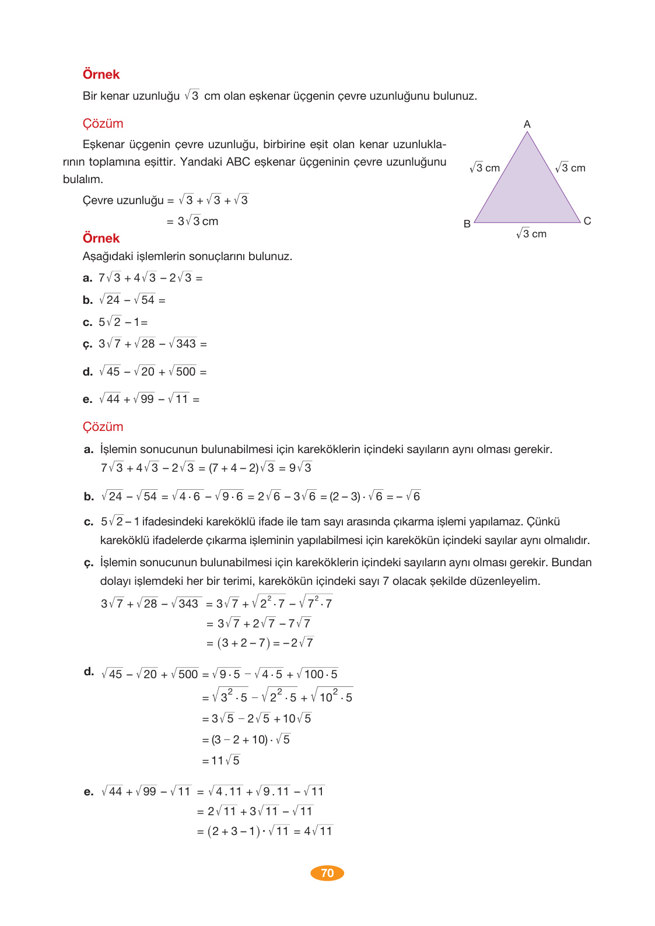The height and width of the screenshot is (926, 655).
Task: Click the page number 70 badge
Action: coord(327,873)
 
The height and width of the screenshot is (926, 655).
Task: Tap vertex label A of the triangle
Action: coord(527,124)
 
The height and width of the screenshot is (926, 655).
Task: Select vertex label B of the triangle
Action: coord(467,224)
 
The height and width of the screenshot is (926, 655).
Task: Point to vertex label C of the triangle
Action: coord(587,221)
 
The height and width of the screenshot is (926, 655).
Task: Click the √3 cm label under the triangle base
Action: coord(531,234)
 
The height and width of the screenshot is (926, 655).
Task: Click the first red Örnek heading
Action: coord(101,75)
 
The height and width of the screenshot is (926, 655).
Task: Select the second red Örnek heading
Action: coord(101,238)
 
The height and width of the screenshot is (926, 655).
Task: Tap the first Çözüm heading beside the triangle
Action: coord(103,124)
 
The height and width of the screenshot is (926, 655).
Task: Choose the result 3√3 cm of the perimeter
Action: coord(198,221)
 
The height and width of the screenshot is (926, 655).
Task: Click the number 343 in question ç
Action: coord(186,344)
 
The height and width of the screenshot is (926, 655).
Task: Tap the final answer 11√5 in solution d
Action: coord(226,760)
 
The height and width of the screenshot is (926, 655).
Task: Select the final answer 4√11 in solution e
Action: coord(318,831)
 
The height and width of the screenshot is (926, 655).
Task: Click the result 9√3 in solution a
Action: coord(300,468)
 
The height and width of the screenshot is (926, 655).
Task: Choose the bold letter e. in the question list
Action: coord(88,399)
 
